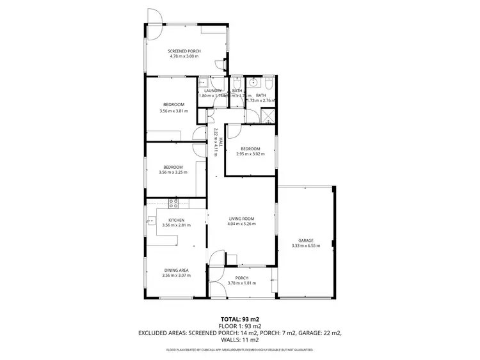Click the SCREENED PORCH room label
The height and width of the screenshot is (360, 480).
(184, 51)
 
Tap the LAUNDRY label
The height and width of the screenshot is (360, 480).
(212, 91)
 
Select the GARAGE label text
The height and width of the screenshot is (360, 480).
(305, 240)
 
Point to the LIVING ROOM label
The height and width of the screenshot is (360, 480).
(242, 219)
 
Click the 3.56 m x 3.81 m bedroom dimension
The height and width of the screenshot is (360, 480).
(173, 111)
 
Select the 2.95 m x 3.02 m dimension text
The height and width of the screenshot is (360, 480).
(250, 153)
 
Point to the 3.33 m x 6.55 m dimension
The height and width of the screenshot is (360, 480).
(305, 246)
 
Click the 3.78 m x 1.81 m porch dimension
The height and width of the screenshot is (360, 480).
(242, 283)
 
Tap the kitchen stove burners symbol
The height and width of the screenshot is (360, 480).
(173, 204)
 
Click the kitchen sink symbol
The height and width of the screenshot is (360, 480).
(152, 221)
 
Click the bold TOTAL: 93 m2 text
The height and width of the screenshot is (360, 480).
(240, 318)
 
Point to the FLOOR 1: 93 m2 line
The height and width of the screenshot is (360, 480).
(240, 325)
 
